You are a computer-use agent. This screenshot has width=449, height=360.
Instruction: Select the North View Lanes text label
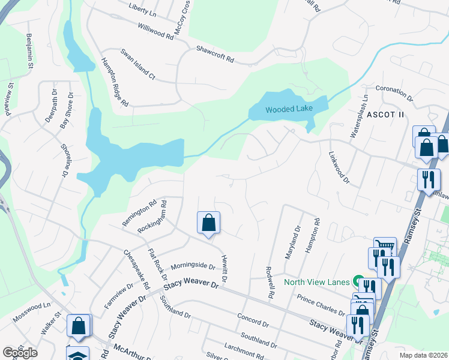point(316,281)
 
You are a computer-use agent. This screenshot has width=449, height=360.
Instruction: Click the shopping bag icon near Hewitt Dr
point(208,223)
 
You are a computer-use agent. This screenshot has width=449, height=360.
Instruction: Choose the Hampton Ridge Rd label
point(115,82)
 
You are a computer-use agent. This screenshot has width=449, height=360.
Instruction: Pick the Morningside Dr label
point(192,266)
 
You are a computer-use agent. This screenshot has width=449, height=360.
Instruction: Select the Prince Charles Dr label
point(321,305)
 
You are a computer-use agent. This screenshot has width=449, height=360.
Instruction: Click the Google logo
point(20,353)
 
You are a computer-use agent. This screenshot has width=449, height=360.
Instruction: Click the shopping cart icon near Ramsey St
point(385,245)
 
